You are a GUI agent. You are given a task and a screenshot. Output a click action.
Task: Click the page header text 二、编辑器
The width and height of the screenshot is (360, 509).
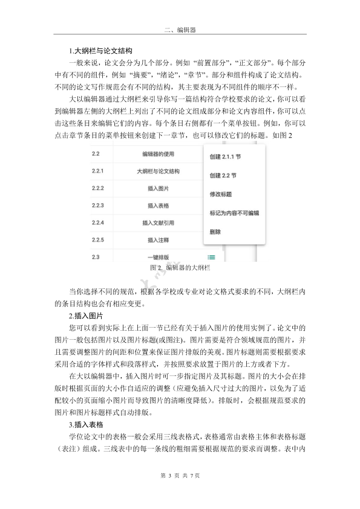179,28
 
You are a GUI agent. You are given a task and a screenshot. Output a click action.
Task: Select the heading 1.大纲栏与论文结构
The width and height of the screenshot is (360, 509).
99,50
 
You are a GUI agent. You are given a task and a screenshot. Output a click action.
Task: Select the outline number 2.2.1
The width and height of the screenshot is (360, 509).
98,171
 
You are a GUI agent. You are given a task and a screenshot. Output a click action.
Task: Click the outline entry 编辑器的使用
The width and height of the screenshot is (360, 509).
159,154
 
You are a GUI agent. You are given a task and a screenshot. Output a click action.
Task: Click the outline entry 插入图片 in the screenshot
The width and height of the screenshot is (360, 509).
159,189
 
